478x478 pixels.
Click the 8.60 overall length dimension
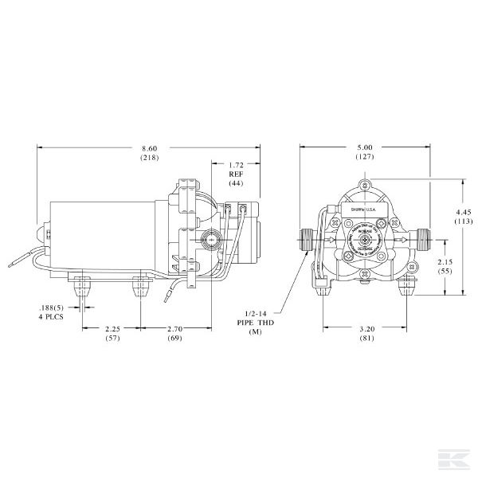[x=148, y=149]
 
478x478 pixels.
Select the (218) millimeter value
[x=148, y=160]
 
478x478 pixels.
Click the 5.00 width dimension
[x=366, y=147]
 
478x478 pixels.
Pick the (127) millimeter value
[x=366, y=157]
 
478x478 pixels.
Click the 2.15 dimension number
[x=445, y=262]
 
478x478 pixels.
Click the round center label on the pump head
[x=365, y=240]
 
